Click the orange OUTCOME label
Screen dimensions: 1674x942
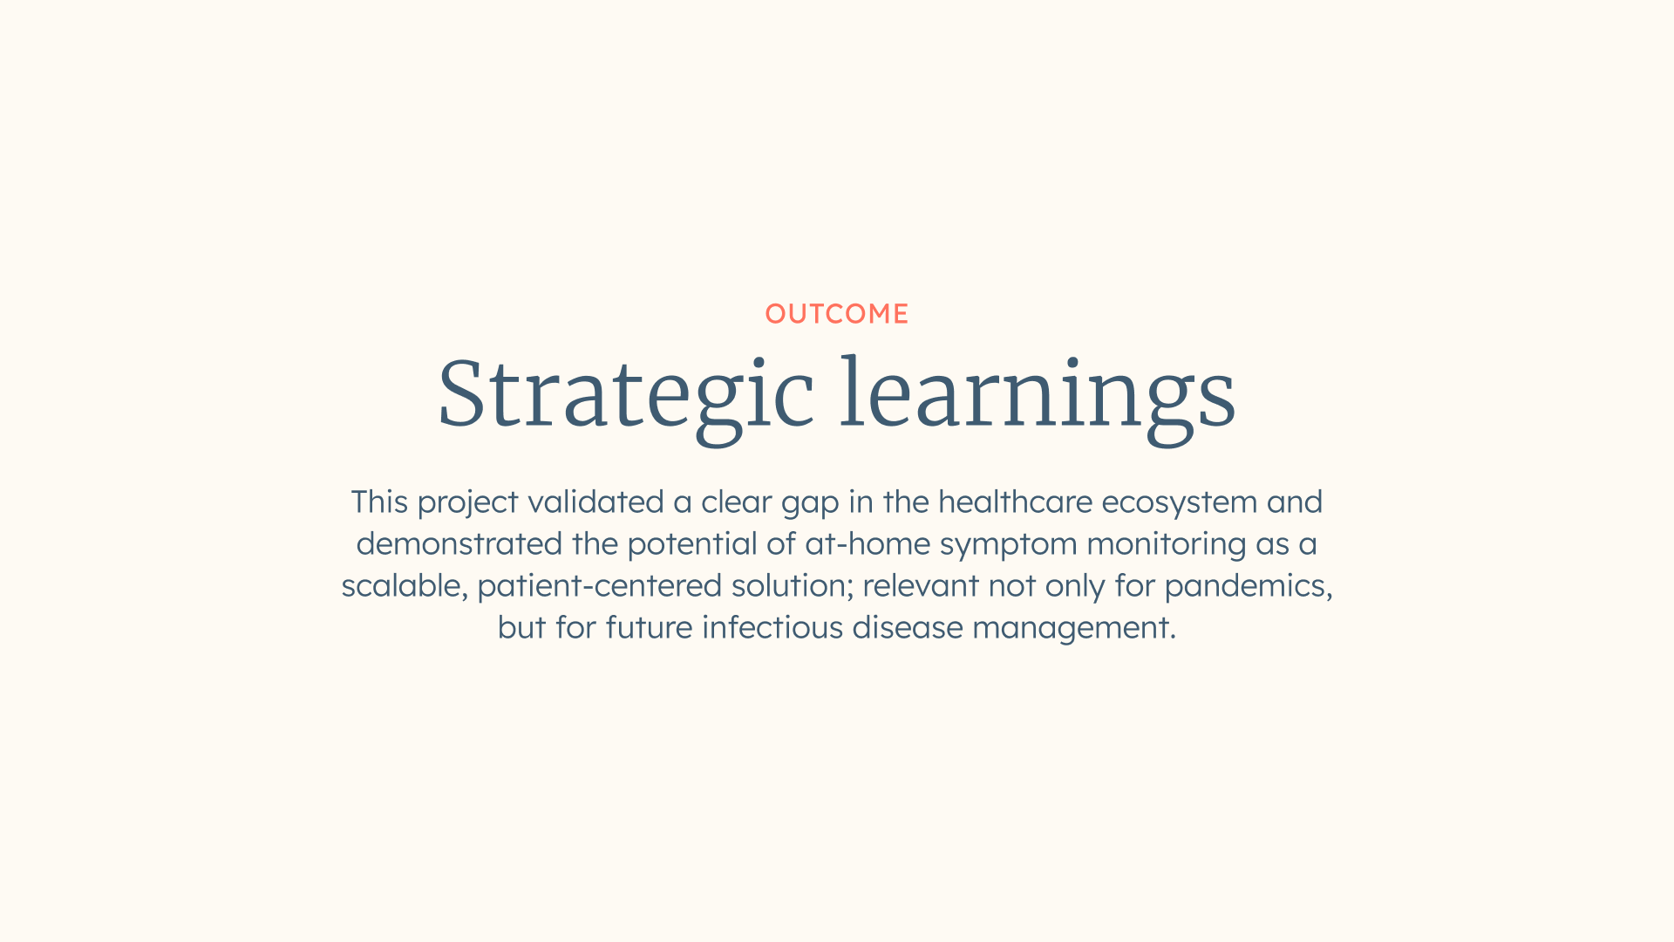pyautogui.click(x=837, y=314)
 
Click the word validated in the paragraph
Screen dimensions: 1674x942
pyautogui.click(x=595, y=503)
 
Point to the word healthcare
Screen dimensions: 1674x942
pyautogui.click(x=1015, y=503)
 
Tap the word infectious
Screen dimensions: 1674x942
pyautogui.click(x=772, y=629)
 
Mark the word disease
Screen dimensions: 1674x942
pyautogui.click(x=908, y=629)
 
